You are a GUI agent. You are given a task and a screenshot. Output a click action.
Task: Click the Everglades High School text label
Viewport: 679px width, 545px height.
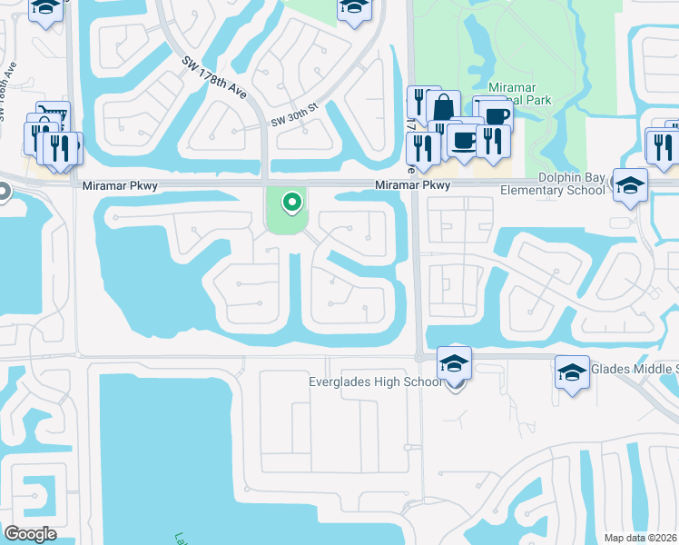point(375,381)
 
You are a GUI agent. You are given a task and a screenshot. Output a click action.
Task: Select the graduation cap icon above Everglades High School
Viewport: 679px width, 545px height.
point(454,363)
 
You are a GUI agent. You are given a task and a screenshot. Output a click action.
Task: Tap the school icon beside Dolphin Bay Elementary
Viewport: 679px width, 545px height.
point(630,185)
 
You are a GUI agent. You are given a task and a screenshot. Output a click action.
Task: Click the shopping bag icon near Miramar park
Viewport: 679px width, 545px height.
point(443,107)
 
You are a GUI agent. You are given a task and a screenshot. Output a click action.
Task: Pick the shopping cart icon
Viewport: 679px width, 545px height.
point(53,116)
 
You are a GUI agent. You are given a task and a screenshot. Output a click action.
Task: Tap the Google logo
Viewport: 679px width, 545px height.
point(30,533)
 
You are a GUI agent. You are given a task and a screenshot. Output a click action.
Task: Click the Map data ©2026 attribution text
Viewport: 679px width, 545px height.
point(641,538)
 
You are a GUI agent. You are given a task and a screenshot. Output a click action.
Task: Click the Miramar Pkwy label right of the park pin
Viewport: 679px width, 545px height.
point(413,185)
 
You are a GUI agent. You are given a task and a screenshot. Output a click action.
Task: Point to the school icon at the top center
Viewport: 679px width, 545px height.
point(354,7)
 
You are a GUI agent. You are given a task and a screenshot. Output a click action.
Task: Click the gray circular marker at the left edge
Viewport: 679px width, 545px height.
point(3,192)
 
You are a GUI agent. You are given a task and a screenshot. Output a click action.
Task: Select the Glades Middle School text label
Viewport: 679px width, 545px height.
point(634,369)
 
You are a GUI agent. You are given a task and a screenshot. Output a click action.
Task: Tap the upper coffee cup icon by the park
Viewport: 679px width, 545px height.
point(496,114)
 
